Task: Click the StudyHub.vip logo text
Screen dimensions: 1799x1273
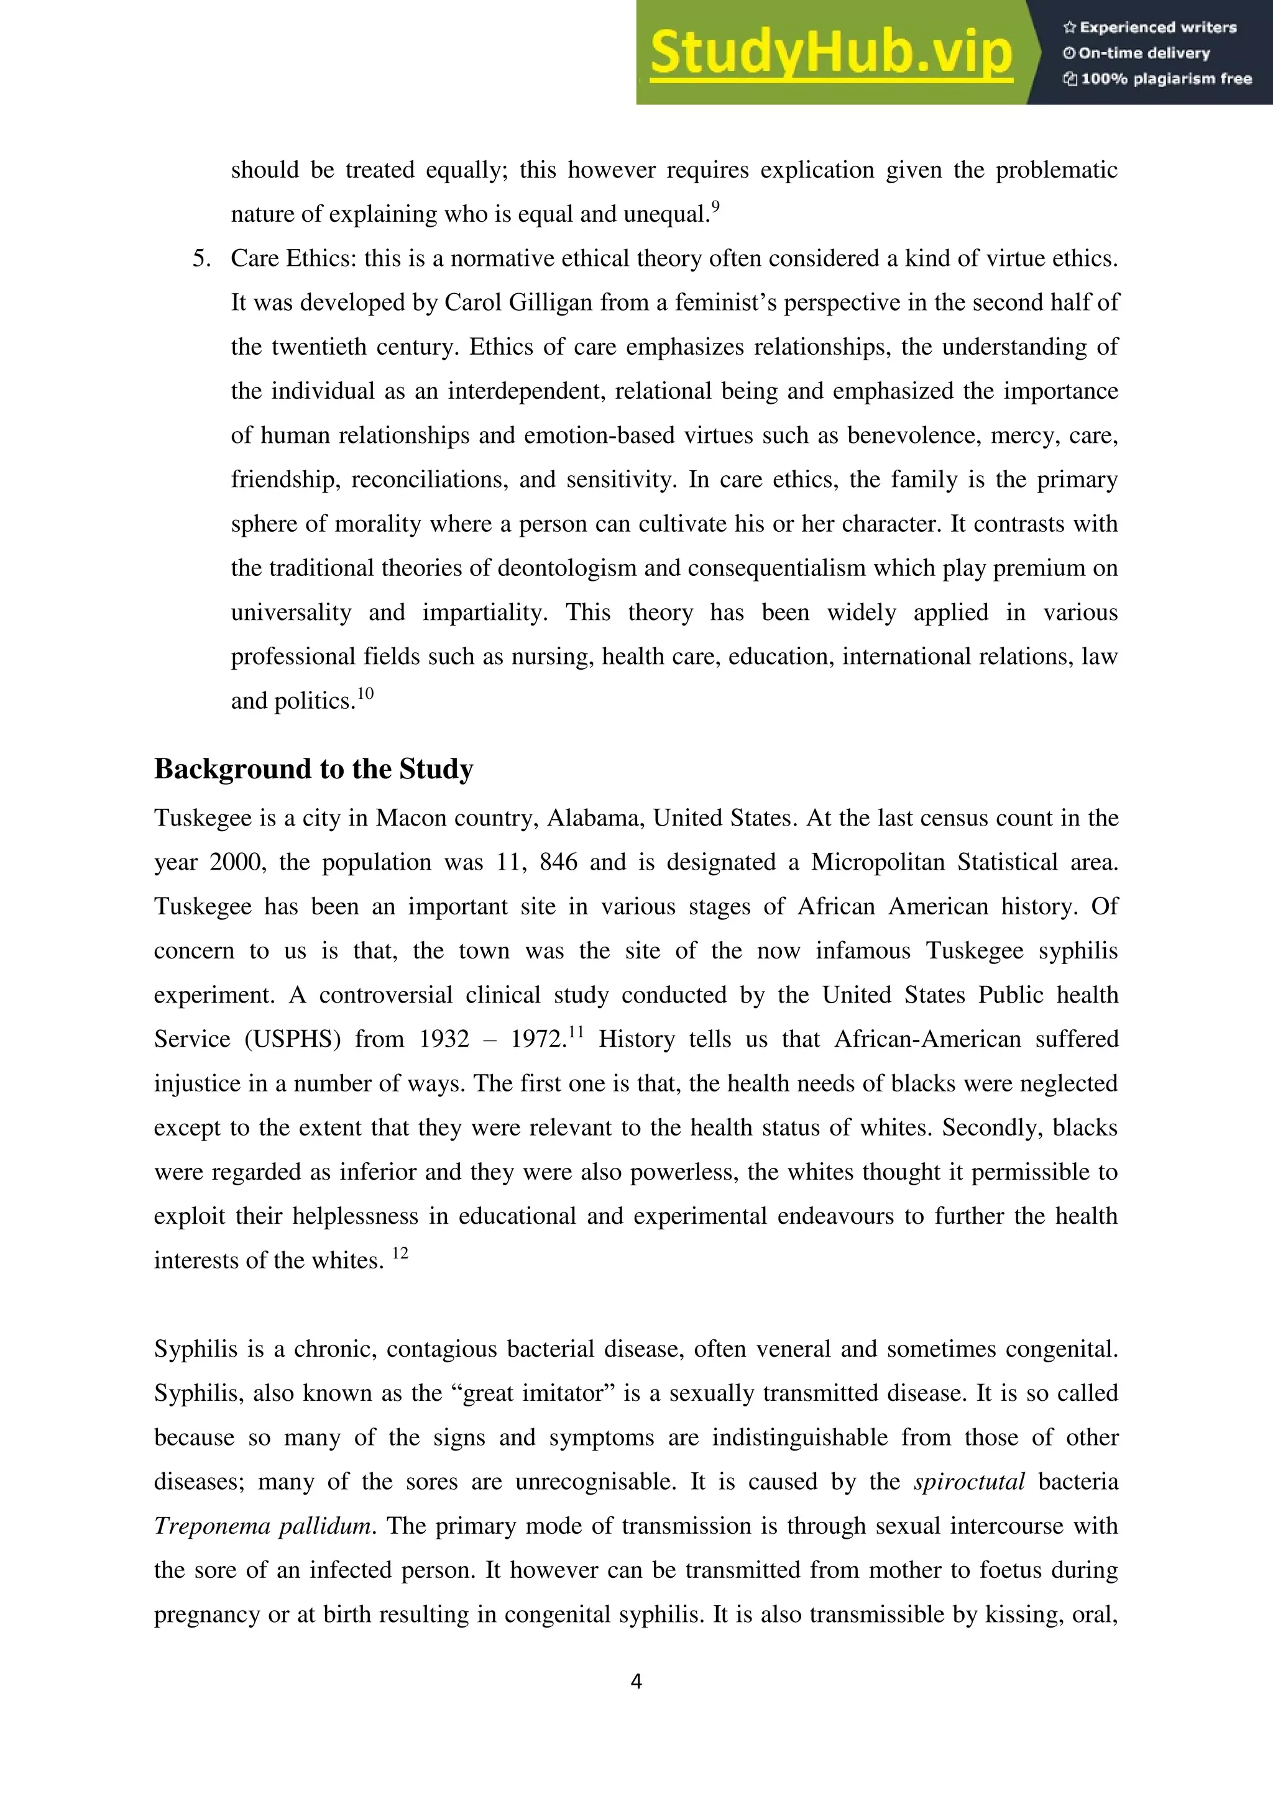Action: [831, 53]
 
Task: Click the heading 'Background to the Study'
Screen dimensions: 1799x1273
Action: [313, 768]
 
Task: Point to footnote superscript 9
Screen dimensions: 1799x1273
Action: [715, 207]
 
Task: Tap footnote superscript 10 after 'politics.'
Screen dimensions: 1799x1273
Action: [365, 693]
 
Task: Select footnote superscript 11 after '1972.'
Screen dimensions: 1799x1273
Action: [576, 1032]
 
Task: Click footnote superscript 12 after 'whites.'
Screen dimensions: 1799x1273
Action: [400, 1253]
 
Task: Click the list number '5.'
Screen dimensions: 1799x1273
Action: [201, 258]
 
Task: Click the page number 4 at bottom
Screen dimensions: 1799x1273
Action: [636, 1682]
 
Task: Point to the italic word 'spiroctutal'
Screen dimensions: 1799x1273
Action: [969, 1482]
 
